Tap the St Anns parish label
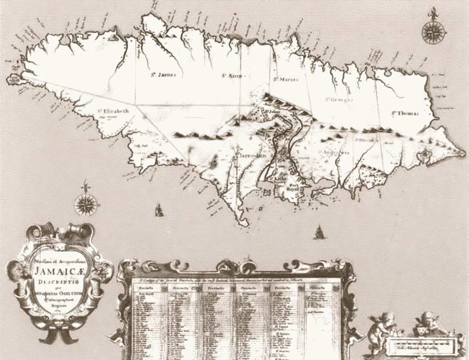[231, 76]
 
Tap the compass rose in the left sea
[86, 204]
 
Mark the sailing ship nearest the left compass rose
[159, 210]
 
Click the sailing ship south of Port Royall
[319, 231]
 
